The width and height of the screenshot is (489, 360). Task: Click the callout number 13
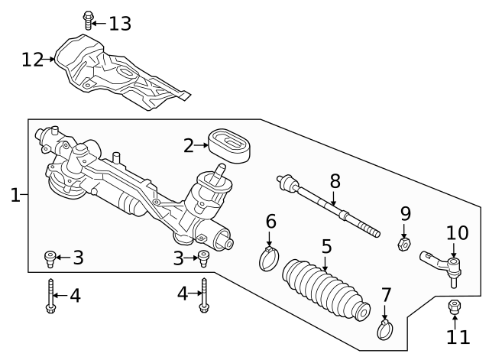pos(119,24)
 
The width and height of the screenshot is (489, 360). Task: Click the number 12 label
pos(34,58)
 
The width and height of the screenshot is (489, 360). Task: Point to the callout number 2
pos(189,144)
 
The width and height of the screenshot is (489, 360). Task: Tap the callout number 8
pos(334,181)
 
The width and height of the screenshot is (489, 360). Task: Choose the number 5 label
pos(326,247)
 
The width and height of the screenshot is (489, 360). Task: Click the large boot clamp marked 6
pos(269,258)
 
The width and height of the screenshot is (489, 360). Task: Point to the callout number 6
pos(270,222)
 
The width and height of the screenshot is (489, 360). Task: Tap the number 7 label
pos(386,294)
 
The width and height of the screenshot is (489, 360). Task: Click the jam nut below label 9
pos(405,244)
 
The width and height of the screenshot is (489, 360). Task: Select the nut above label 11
pos(454,307)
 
